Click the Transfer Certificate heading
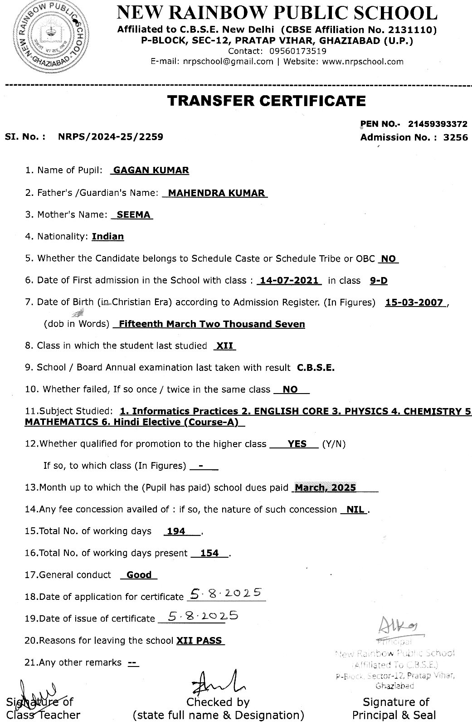[x=266, y=100]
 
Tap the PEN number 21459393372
[x=437, y=124]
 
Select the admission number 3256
[x=455, y=137]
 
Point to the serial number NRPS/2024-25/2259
[x=111, y=136]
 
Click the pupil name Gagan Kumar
[x=151, y=170]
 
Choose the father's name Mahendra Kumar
[x=216, y=193]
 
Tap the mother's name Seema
[x=133, y=214]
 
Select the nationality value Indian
[x=107, y=236]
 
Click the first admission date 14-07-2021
[x=289, y=280]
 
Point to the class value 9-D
[x=379, y=280]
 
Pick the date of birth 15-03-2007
[x=414, y=302]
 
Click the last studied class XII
[x=224, y=345]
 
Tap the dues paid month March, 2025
[x=325, y=488]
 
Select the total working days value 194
[x=176, y=531]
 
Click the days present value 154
[x=209, y=553]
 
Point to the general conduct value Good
[x=139, y=575]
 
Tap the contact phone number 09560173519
[x=297, y=51]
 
